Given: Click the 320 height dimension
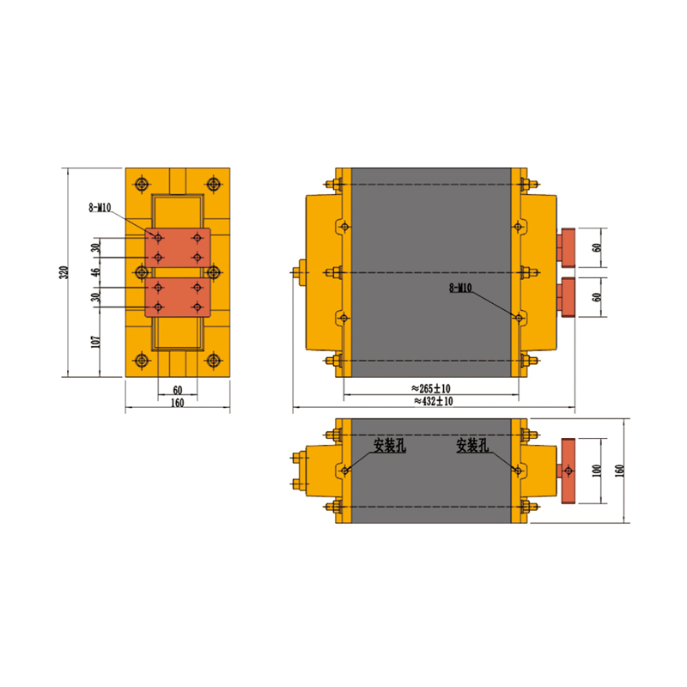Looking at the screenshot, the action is pos(64,272).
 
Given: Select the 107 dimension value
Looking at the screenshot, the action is pos(96,342).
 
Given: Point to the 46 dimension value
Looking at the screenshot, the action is pos(96,272).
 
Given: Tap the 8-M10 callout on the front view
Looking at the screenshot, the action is pos(100,207).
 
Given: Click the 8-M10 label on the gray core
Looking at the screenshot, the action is pos(460,288).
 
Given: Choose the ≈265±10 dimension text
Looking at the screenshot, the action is pos(431,388).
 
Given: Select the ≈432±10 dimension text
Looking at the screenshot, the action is pos(434,401).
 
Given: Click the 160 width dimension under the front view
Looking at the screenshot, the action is pos(177,403).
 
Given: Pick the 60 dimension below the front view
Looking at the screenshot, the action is pos(178,390).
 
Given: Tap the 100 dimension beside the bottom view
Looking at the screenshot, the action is pos(597,471).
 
